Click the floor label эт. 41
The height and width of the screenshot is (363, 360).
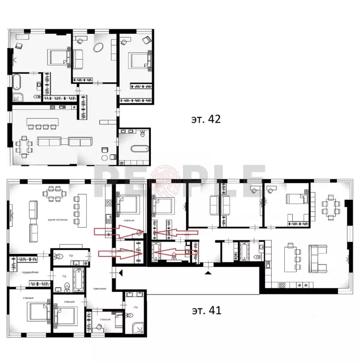coord(207,310)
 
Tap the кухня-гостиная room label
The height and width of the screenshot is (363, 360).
coord(52,221)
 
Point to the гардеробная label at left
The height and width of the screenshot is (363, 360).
coord(30,272)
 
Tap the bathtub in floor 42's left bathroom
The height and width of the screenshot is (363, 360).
coord(17,81)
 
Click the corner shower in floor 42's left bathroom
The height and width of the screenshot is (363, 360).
coord(18,98)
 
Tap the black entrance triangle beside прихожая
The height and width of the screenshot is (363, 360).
coord(120,272)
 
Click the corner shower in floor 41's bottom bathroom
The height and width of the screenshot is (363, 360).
coord(138,326)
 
